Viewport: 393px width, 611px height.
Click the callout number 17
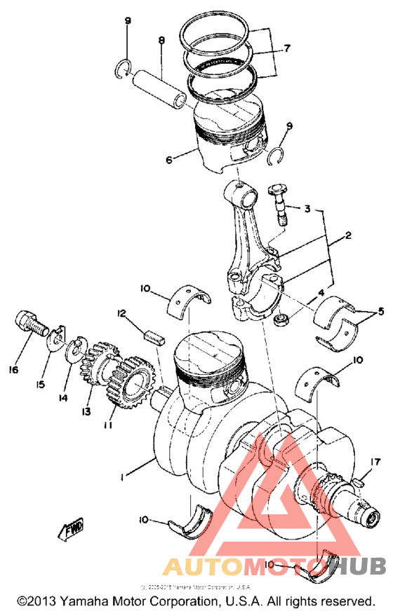tap(375, 462)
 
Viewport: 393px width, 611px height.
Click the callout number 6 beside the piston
tap(169, 160)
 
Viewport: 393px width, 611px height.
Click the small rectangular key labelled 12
tap(154, 334)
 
